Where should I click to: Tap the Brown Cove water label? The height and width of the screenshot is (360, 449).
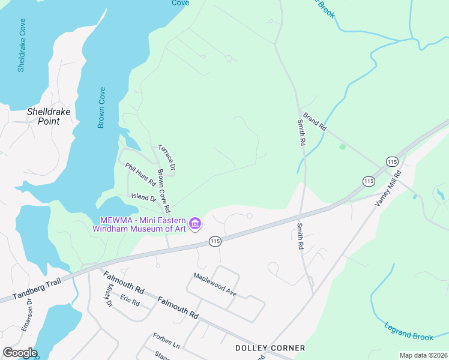(x=101, y=107)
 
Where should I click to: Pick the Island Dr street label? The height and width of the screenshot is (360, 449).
(x=144, y=197)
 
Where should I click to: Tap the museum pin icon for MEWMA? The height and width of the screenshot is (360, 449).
(x=195, y=224)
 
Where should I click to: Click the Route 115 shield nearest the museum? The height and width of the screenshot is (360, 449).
(x=214, y=241)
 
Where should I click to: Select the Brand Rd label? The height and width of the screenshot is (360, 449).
(x=314, y=122)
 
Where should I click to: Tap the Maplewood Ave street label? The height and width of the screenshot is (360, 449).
(x=215, y=284)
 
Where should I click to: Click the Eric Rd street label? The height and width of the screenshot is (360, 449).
(x=129, y=300)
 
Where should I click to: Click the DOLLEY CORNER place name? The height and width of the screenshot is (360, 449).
(x=270, y=348)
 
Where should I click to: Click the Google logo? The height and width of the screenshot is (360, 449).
(x=20, y=353)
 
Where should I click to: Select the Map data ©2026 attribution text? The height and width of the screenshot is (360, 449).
(x=423, y=355)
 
